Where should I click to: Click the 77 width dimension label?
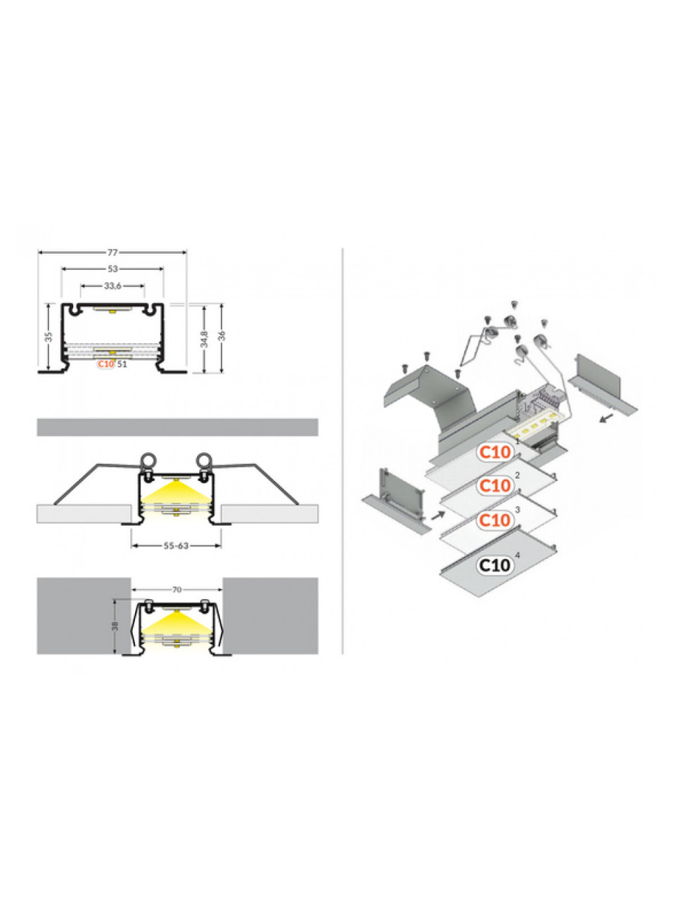[112, 252]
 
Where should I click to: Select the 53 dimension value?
[112, 269]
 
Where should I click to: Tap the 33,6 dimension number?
[112, 285]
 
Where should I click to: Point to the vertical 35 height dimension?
[49, 337]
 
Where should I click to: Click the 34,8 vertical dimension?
[205, 339]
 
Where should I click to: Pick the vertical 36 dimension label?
[222, 336]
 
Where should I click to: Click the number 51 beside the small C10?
[122, 364]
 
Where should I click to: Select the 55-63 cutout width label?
[176, 546]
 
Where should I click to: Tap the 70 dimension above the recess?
[176, 590]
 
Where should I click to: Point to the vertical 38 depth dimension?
[115, 626]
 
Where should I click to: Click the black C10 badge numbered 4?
[495, 565]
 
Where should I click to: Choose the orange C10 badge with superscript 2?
[495, 485]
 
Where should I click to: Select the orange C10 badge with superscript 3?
[495, 520]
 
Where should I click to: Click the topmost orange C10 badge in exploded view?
[495, 452]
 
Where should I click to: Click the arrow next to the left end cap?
[438, 515]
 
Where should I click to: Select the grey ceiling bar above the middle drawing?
[177, 427]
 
